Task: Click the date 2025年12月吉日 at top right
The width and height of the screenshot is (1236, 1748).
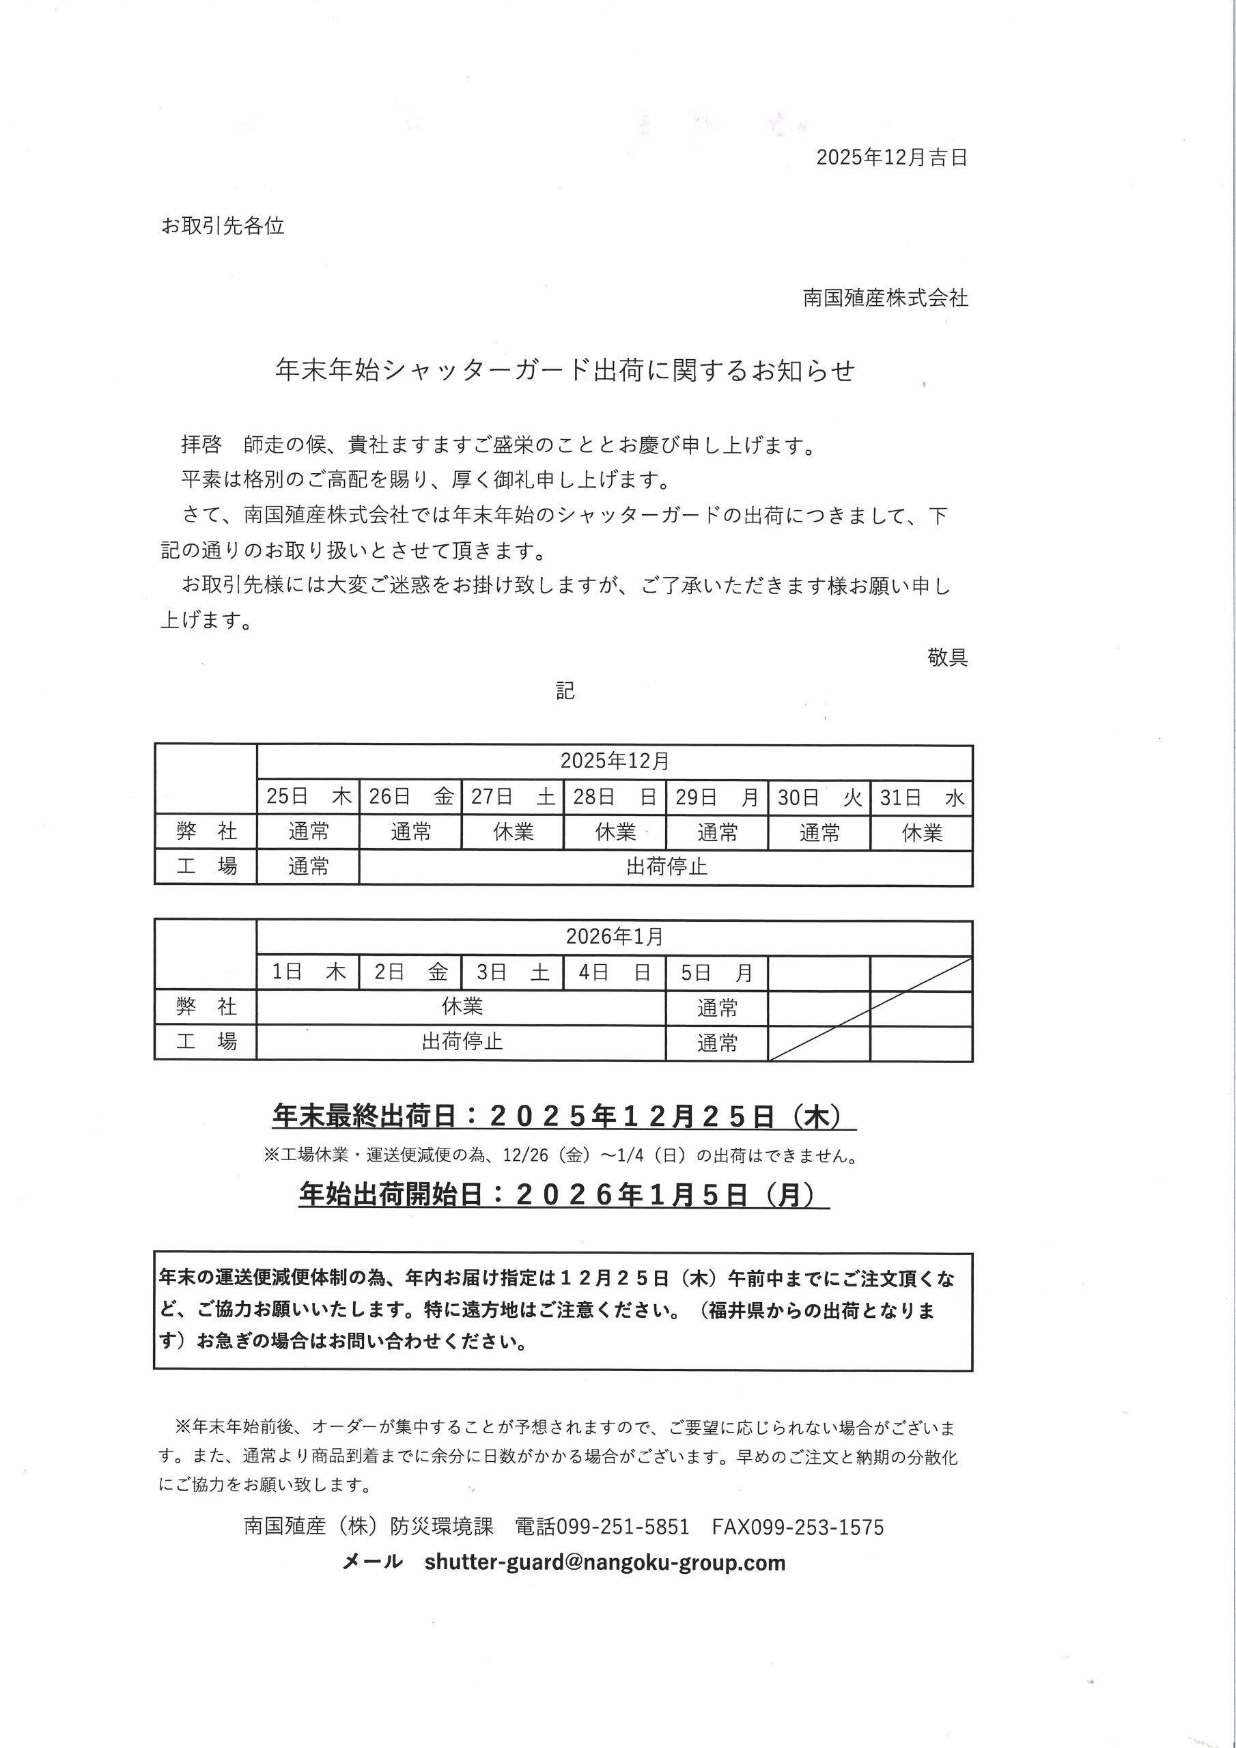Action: click(x=891, y=158)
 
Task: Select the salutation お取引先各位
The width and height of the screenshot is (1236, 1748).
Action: click(x=223, y=226)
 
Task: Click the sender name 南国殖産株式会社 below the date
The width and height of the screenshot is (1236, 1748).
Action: click(x=885, y=298)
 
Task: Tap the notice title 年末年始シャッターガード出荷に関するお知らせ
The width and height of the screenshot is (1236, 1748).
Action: click(x=565, y=370)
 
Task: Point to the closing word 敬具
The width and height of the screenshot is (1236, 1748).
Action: click(x=947, y=656)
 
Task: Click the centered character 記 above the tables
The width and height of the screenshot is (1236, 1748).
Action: click(x=565, y=690)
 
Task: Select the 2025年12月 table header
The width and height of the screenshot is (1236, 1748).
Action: click(x=615, y=761)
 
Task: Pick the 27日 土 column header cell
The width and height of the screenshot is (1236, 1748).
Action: click(x=513, y=797)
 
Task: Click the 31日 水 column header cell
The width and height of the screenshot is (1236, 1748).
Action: click(x=921, y=797)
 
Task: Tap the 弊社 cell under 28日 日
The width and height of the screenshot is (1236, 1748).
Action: click(x=615, y=832)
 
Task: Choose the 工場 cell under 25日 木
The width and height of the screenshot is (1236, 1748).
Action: click(x=309, y=866)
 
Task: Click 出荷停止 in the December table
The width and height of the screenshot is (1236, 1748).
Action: click(x=666, y=866)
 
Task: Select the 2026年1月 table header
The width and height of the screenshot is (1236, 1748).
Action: click(x=615, y=936)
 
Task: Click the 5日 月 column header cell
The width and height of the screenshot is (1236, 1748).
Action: click(x=716, y=972)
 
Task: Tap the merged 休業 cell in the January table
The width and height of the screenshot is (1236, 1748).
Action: click(x=462, y=1006)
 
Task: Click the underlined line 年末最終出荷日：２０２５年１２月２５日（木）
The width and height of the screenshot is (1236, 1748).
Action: click(x=564, y=1116)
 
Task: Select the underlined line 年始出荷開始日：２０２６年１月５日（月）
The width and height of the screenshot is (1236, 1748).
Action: click(x=564, y=1194)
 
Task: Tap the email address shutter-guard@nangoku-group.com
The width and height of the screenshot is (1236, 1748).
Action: click(x=604, y=1562)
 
